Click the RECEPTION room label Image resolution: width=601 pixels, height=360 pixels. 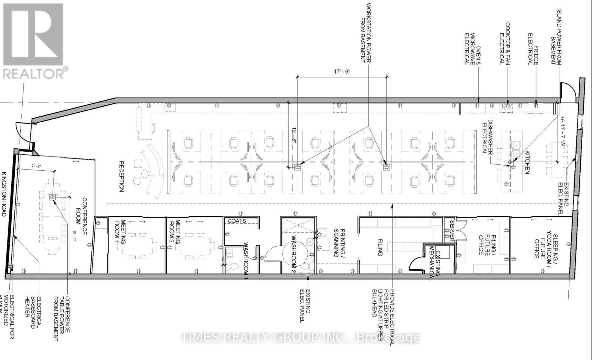coord(121,176)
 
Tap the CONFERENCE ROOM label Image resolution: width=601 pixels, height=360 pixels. coord(82,216)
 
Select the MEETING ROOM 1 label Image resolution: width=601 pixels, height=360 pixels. coord(119,232)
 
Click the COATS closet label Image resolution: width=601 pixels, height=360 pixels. coord(237,221)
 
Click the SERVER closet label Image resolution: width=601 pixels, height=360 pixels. coord(452,230)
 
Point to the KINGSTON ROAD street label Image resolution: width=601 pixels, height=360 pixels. coord(5,194)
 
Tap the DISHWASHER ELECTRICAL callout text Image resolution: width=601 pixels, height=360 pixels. coord(488,137)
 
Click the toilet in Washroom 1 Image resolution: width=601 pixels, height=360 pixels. coord(235,268)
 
